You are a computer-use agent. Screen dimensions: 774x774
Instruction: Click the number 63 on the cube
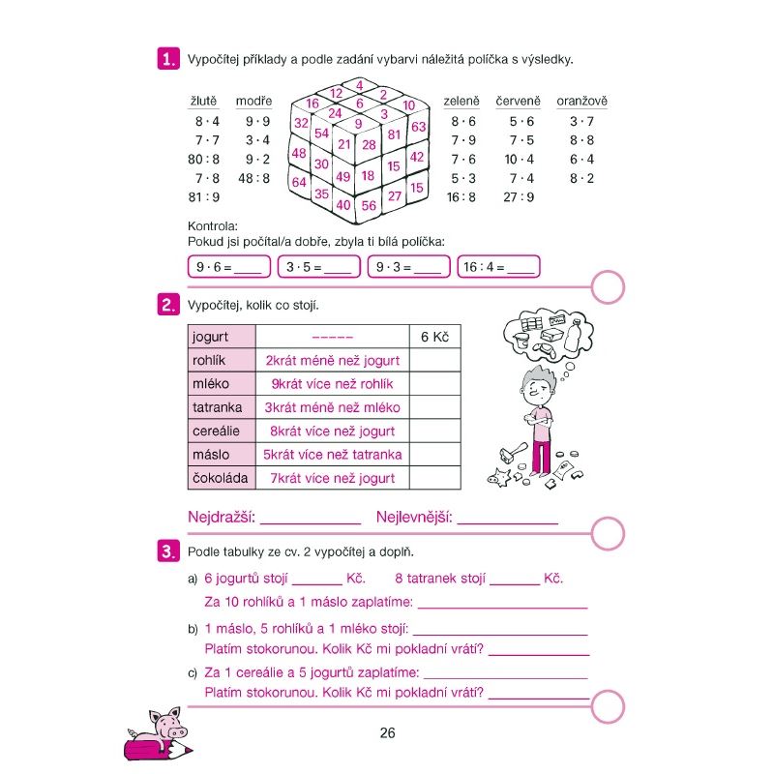(x=418, y=127)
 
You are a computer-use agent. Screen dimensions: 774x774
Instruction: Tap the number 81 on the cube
(x=394, y=135)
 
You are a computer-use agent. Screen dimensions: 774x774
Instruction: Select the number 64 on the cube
(x=299, y=182)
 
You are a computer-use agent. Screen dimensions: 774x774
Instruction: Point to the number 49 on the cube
(x=343, y=177)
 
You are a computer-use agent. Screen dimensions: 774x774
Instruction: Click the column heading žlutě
(x=203, y=101)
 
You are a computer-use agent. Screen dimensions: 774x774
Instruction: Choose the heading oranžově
(x=581, y=101)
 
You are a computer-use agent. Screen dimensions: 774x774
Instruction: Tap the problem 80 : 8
(x=204, y=159)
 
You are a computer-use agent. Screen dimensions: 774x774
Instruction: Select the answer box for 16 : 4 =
(x=499, y=267)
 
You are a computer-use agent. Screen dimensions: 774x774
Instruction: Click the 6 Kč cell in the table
(x=435, y=337)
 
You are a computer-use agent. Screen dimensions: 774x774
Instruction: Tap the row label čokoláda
(x=221, y=478)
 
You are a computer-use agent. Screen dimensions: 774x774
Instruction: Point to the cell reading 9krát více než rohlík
(x=332, y=384)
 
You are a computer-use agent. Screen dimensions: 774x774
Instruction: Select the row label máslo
(x=212, y=455)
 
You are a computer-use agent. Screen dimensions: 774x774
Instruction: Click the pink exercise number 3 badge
(x=168, y=552)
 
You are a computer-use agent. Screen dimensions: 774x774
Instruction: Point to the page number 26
(x=387, y=732)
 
